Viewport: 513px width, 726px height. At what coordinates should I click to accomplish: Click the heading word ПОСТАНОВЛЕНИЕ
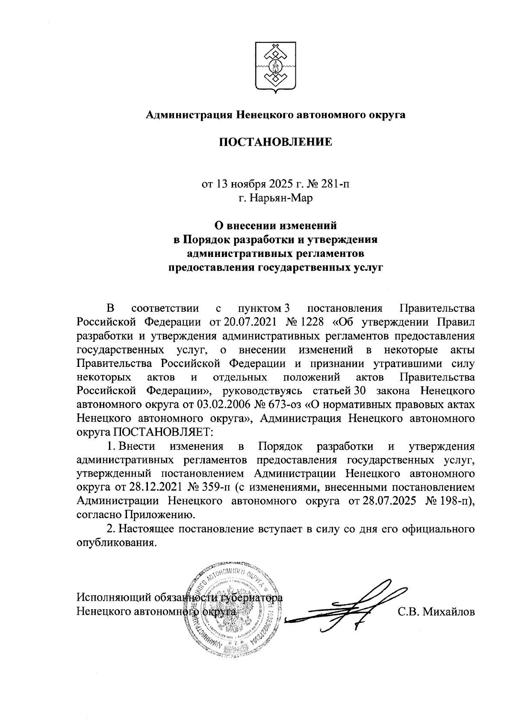coord(275,142)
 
